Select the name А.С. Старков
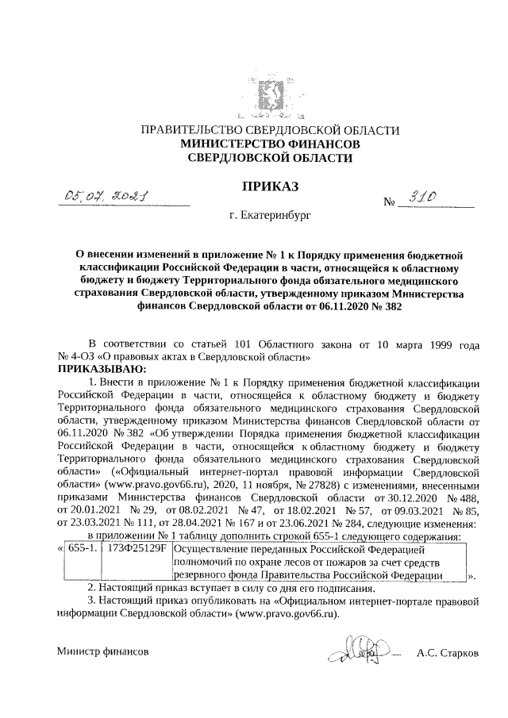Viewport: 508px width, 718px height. (452, 651)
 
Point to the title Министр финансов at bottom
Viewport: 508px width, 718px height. (102, 651)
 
